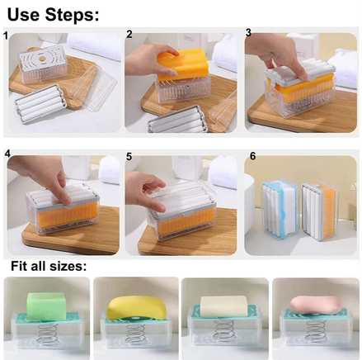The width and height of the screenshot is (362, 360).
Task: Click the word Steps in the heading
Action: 72,14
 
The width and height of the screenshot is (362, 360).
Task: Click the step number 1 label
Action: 6,36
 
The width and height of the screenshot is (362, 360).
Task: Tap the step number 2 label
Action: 129,34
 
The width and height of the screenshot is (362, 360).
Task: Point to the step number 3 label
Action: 248,32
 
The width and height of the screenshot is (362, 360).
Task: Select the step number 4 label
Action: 7,154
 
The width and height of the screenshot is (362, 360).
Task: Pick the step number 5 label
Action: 129,156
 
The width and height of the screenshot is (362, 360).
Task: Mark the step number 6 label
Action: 252,156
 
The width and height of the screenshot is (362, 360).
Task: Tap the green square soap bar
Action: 46,306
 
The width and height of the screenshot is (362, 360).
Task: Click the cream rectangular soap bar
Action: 223,306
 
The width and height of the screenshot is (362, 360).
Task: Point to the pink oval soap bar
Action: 317,305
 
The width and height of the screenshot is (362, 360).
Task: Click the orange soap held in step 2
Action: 182,64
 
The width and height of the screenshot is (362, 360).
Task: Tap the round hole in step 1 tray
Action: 42,59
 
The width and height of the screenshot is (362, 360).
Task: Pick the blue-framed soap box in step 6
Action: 280,208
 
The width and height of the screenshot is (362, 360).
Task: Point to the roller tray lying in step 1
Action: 41,103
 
